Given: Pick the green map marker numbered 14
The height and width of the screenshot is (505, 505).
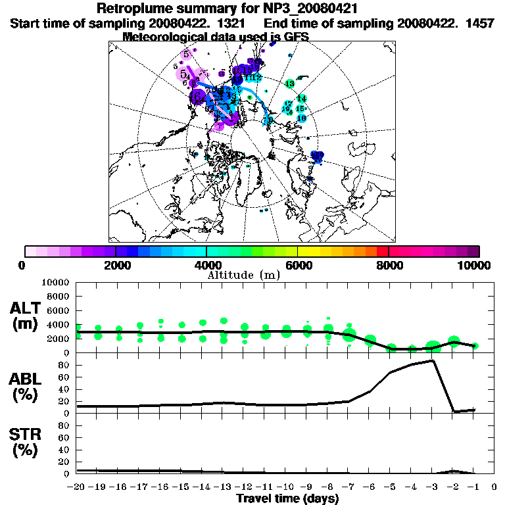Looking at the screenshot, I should point(301,98).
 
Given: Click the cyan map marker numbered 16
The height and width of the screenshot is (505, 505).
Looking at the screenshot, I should point(302,118).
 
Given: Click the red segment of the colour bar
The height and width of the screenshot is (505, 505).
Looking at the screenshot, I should point(383,251).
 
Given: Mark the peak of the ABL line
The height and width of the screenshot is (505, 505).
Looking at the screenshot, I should point(432,360).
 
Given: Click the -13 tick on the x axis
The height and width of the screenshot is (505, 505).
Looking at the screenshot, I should point(224,487).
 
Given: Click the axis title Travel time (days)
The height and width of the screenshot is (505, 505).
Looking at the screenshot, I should point(287,498).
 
